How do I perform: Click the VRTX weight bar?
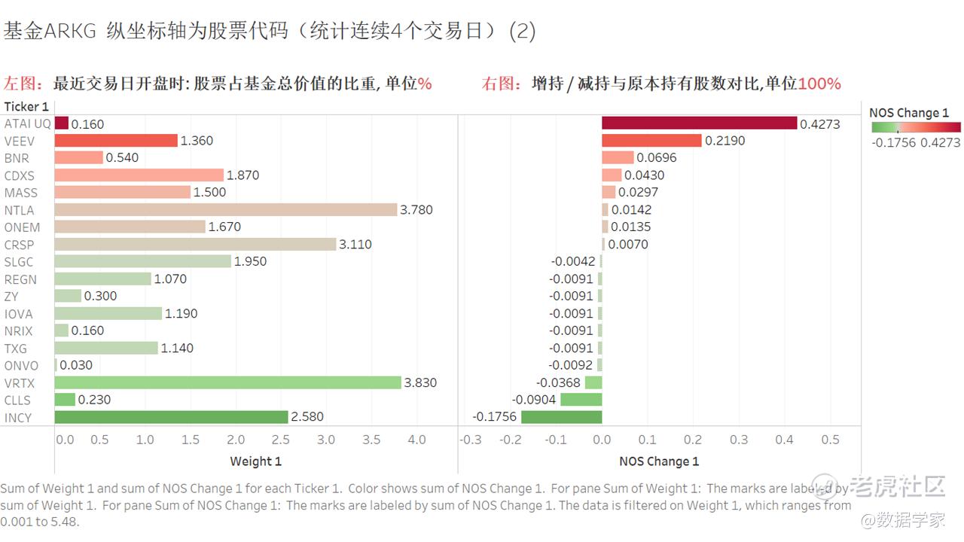[x=227, y=382]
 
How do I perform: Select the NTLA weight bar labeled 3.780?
[x=225, y=209]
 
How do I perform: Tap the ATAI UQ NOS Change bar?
[x=699, y=123]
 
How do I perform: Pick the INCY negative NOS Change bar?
[x=561, y=417]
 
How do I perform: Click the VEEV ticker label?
[x=20, y=141]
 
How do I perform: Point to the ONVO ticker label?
[x=21, y=366]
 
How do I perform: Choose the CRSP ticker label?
[x=20, y=245]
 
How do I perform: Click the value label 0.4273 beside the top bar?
[x=819, y=124]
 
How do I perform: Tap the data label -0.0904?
[x=534, y=400]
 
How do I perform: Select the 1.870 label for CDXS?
[x=243, y=175]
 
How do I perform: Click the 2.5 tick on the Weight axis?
[x=280, y=440]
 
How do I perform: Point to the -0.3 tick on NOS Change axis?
[x=471, y=440]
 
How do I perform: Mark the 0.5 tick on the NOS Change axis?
[x=830, y=440]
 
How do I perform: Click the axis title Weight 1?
[x=255, y=461]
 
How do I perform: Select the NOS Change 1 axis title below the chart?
[x=659, y=461]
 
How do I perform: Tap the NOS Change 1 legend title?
[x=909, y=113]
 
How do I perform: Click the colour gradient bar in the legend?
[x=915, y=127]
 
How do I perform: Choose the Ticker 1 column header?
[x=26, y=106]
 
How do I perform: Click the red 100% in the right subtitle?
[x=819, y=84]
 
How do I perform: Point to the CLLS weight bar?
[x=65, y=400]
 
